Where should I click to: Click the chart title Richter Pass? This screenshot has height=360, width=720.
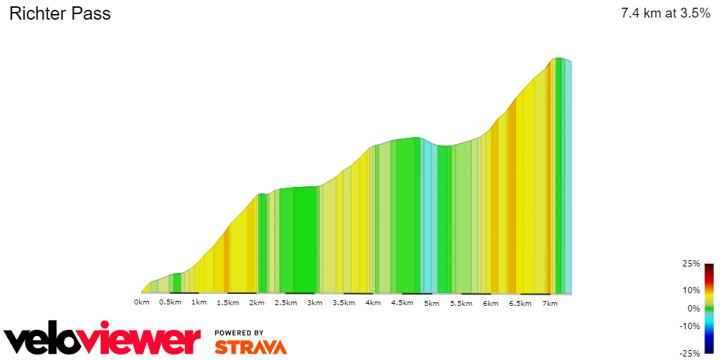tap(60, 13)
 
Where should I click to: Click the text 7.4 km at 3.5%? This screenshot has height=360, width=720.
tap(665, 13)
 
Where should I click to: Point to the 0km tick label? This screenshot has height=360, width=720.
tap(141, 302)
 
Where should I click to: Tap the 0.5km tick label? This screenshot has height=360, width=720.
tap(170, 302)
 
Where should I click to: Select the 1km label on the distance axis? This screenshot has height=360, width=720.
tap(199, 302)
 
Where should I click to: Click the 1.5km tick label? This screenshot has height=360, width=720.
tap(228, 302)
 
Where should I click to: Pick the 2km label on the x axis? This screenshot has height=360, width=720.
tap(257, 302)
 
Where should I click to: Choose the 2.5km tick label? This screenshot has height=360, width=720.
tap(285, 302)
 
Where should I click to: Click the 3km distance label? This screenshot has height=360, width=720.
tap(314, 302)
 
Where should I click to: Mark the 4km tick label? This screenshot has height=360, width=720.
tap(373, 302)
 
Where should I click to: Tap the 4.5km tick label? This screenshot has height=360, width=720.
tap(401, 302)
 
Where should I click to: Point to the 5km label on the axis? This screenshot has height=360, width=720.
tap(431, 302)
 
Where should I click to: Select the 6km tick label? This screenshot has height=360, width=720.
tap(490, 302)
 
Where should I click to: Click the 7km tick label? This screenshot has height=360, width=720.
tap(549, 302)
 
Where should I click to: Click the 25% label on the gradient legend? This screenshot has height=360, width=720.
tap(690, 264)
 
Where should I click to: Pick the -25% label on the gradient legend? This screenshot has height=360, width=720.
tap(689, 353)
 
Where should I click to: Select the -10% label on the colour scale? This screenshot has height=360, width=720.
tap(689, 326)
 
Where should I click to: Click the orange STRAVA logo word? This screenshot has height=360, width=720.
tap(250, 347)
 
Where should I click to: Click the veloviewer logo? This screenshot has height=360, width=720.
tap(103, 340)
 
